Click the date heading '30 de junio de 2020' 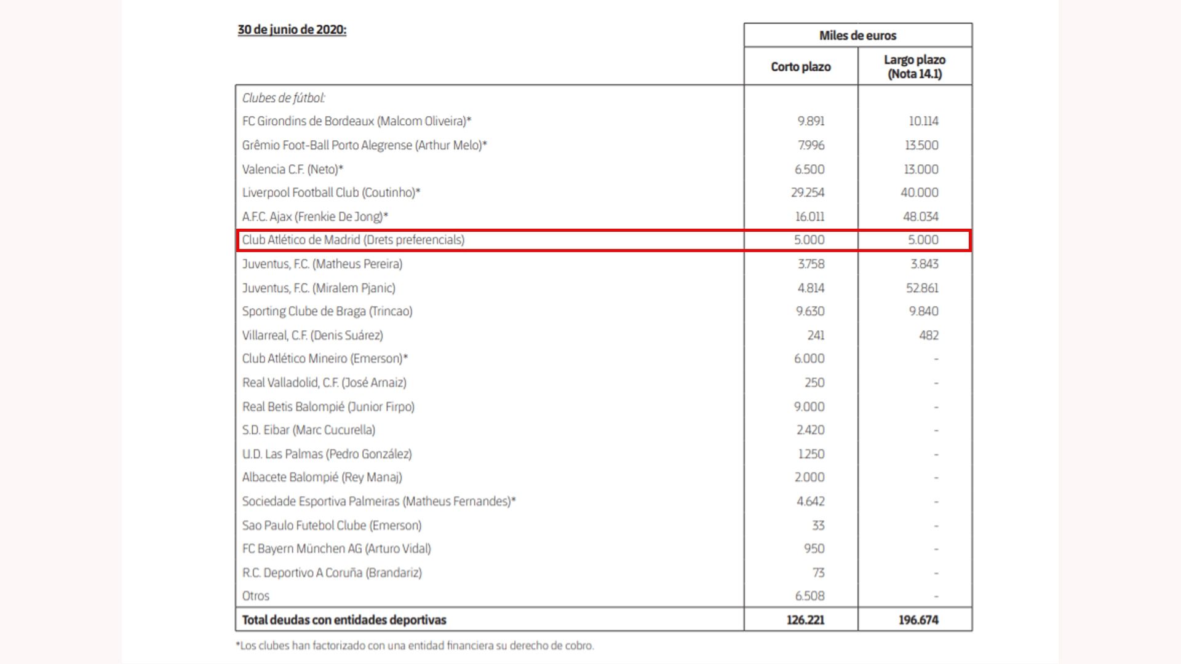[292, 30]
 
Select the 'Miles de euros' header [857, 36]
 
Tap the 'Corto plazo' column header [800, 67]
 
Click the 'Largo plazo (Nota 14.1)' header [914, 67]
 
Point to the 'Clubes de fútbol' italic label [284, 98]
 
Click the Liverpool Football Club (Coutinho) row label [331, 192]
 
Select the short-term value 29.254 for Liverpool [808, 192]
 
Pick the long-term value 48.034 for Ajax [920, 216]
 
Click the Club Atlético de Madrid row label [353, 240]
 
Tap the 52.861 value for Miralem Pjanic [921, 288]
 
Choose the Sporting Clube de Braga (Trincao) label [327, 311]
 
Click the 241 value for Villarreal [816, 335]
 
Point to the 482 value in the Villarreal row [928, 335]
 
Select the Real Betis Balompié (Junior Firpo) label [328, 406]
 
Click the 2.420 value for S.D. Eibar [810, 430]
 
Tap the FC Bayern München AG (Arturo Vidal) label [336, 548]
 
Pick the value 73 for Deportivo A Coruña [818, 572]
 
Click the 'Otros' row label [256, 596]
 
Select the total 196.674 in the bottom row [918, 620]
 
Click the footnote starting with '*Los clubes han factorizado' [415, 646]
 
